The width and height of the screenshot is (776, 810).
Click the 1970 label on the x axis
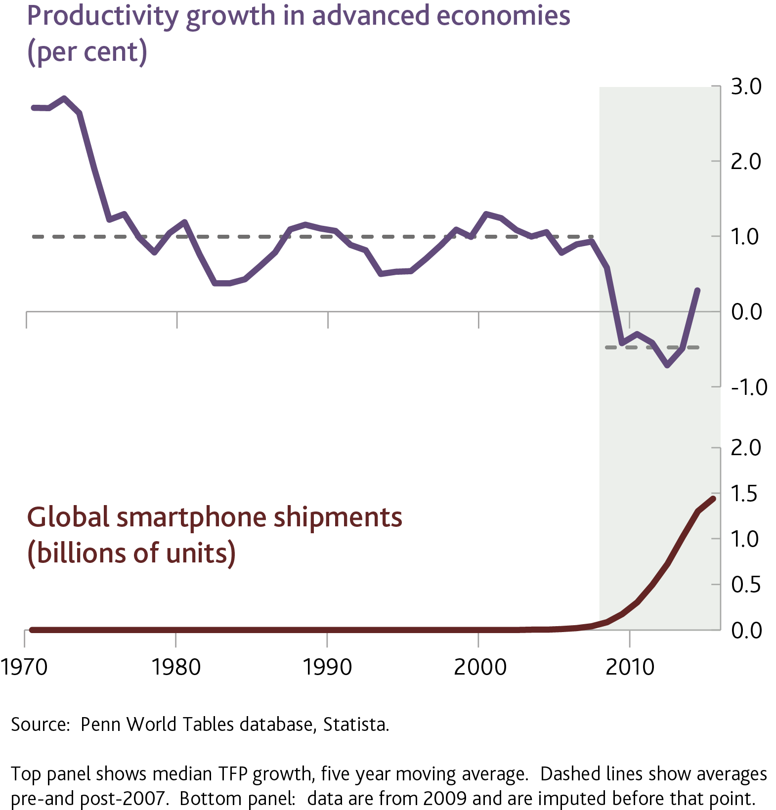click(x=24, y=667)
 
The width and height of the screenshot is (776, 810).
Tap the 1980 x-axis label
click(x=176, y=667)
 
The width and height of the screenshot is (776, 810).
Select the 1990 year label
click(x=327, y=667)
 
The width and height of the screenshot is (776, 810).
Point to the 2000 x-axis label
click(x=480, y=667)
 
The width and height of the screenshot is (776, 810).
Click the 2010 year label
click(x=630, y=667)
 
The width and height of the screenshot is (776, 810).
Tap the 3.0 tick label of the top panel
click(x=746, y=86)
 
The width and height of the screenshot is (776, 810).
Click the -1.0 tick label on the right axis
click(x=749, y=387)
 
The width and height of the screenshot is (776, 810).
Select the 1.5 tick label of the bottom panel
click(x=744, y=494)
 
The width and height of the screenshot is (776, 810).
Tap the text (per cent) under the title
click(x=87, y=52)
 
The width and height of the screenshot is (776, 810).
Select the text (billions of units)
click(x=131, y=553)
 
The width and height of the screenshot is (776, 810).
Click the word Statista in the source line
click(x=356, y=725)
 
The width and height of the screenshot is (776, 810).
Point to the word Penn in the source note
click(x=101, y=725)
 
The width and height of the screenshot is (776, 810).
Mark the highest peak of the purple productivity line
click(x=64, y=98)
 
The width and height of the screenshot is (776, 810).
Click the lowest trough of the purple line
click(x=667, y=366)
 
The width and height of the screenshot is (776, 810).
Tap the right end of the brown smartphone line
click(x=713, y=499)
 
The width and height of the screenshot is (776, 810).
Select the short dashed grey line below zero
click(x=651, y=347)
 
